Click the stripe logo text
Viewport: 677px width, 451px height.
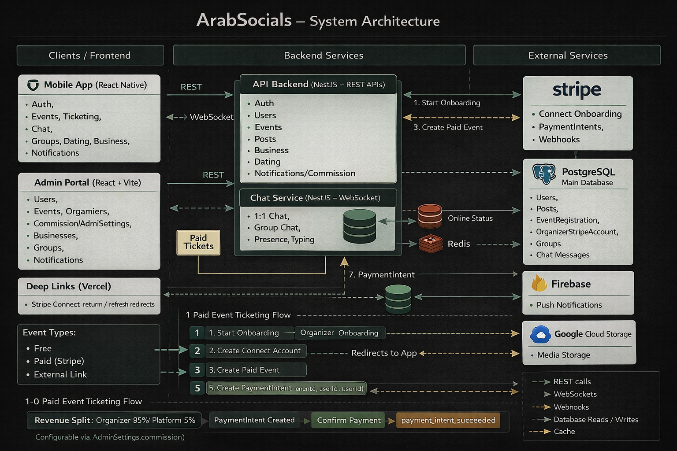[x=577, y=90]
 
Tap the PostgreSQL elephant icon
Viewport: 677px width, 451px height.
[x=544, y=174]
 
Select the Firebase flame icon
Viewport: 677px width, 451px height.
[x=539, y=283]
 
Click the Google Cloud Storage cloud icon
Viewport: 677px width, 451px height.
[x=540, y=334]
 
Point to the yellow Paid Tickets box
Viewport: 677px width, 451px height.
[x=198, y=242]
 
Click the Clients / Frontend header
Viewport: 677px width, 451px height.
[x=90, y=55]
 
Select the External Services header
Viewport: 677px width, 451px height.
[x=567, y=55]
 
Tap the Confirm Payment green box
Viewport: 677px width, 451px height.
[x=348, y=420]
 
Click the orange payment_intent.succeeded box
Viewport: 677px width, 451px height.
[x=448, y=420]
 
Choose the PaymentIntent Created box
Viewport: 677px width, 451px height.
[x=254, y=420]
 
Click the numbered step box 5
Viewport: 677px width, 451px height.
[x=197, y=388]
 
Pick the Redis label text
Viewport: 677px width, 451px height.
[x=459, y=244]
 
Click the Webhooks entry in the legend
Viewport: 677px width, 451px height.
[x=571, y=407]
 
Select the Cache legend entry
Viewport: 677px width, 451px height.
[x=564, y=432]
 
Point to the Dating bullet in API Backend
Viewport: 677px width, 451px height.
[x=267, y=162]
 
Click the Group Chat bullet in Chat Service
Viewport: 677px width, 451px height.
[x=277, y=228]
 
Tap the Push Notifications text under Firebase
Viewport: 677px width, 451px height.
[x=569, y=305]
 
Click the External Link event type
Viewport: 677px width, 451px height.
[x=60, y=374]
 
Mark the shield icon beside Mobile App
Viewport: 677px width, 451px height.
[x=33, y=85]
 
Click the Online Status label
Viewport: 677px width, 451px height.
[x=470, y=218]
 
